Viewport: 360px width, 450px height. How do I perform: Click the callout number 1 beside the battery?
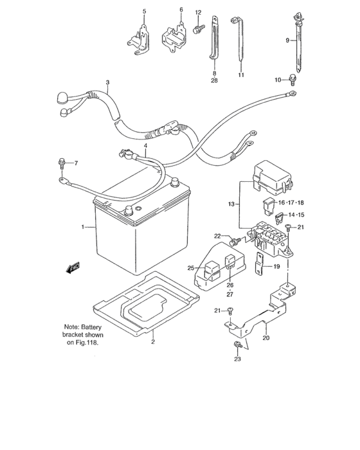point(83,228)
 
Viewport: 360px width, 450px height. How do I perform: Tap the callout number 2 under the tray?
point(152,342)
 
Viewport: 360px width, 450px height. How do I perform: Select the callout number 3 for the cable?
point(108,82)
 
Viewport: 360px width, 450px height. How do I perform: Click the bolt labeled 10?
point(292,80)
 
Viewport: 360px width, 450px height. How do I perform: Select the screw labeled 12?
point(197,28)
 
